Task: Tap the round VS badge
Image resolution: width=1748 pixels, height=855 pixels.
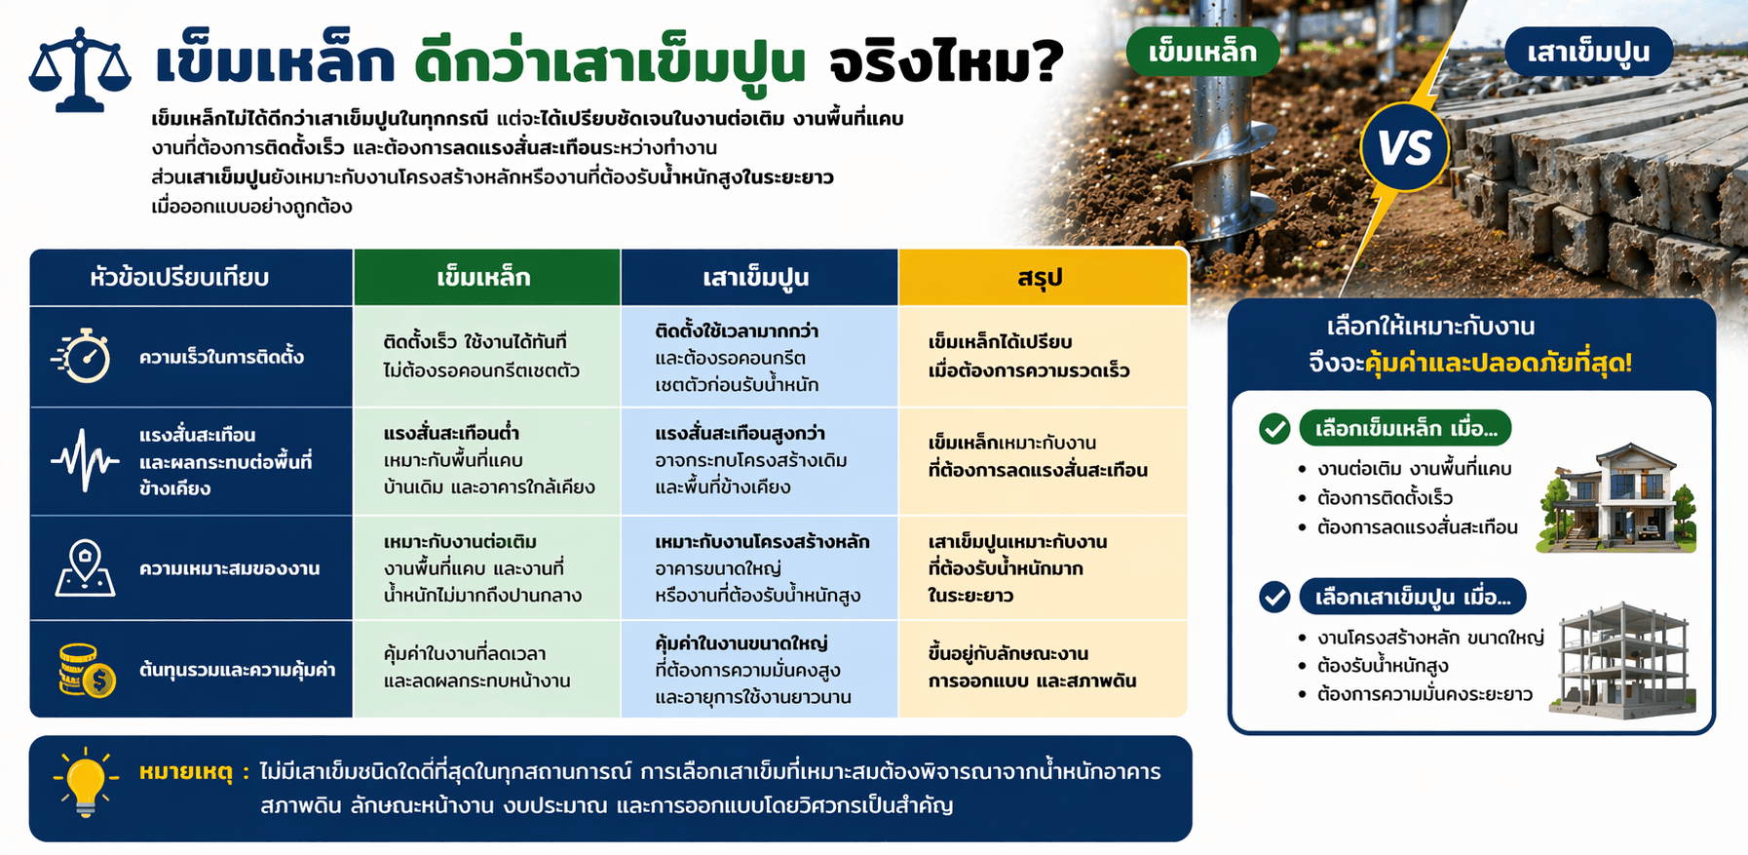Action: tap(1404, 148)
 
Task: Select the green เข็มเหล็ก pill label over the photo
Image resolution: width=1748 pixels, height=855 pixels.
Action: tap(1202, 52)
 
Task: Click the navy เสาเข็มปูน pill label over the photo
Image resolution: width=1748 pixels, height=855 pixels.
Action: tap(1587, 52)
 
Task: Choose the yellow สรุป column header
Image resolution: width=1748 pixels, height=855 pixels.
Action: tap(1042, 278)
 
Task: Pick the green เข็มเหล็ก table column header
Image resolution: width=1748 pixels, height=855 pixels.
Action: tap(485, 278)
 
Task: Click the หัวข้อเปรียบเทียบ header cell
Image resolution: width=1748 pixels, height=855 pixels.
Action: tap(180, 278)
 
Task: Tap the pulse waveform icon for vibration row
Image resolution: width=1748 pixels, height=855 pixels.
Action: tap(86, 460)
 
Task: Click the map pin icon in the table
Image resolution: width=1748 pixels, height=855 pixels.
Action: tap(85, 567)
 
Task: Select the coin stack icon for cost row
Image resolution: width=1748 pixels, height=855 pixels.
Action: tap(86, 670)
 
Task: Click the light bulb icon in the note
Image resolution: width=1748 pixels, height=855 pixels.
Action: tap(86, 782)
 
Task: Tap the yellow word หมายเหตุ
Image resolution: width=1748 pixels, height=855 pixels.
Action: tap(186, 773)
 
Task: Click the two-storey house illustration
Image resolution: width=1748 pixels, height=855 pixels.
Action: tap(1617, 498)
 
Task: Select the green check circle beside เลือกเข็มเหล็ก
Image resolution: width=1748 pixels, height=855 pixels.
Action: tap(1274, 428)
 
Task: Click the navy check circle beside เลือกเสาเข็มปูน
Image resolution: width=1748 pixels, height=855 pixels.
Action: tap(1274, 597)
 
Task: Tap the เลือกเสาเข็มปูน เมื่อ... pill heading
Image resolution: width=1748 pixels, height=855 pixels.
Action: tap(1413, 597)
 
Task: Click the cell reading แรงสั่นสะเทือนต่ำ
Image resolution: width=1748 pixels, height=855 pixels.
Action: tap(451, 434)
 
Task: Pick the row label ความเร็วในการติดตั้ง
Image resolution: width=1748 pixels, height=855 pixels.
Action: tap(221, 357)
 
